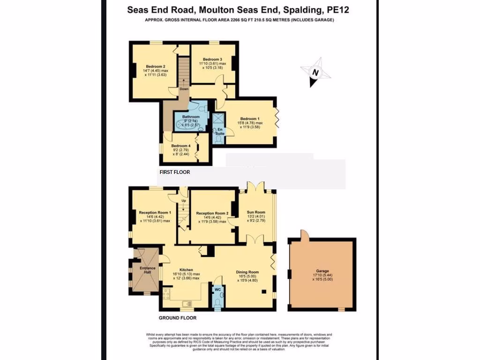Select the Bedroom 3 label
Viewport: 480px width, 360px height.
click(x=212, y=59)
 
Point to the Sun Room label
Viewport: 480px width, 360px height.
click(x=256, y=212)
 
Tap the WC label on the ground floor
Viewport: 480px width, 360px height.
click(x=217, y=289)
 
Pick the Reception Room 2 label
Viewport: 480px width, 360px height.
click(x=212, y=213)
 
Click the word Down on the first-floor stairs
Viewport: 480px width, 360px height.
click(x=184, y=89)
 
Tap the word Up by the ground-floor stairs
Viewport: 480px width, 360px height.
click(x=184, y=201)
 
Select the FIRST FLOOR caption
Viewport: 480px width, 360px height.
click(x=175, y=172)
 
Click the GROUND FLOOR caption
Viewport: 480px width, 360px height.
click(x=177, y=318)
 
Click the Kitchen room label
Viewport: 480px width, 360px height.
click(x=186, y=270)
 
